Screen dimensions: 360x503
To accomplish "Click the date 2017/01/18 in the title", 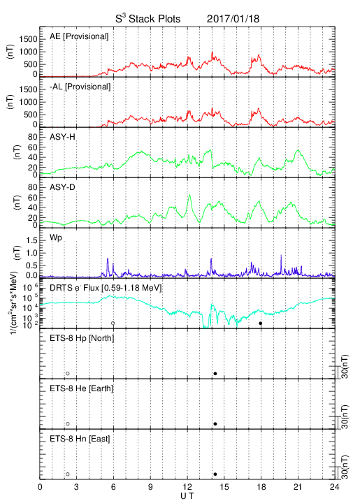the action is (x=233, y=19).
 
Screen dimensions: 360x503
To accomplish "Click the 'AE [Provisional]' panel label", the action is (x=79, y=36).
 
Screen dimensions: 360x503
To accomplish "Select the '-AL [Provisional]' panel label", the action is (x=80, y=87).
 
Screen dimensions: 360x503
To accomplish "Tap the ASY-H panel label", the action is (x=62, y=137).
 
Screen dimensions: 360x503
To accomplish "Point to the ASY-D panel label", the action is (x=62, y=187).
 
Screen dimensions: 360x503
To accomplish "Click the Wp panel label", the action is (x=55, y=238).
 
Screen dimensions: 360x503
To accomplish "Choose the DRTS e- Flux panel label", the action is (x=106, y=288).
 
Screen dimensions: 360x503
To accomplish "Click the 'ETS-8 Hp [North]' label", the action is (x=82, y=338).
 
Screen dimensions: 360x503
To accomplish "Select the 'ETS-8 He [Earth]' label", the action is (x=82, y=388).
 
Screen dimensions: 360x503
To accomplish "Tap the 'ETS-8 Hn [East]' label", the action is (x=80, y=439).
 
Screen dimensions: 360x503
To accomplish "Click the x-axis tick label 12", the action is (x=187, y=487).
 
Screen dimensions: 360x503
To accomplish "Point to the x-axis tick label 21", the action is (x=298, y=487).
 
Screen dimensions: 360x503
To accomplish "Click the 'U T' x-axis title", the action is (x=187, y=496).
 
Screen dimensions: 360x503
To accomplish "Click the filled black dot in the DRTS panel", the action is (x=261, y=323).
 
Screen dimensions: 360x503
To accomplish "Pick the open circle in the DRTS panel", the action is (x=113, y=323).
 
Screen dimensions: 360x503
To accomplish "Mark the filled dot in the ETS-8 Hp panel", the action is (x=215, y=373).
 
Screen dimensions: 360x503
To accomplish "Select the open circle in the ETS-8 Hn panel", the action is (x=68, y=474).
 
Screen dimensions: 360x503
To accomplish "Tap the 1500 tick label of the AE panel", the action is (x=28, y=39).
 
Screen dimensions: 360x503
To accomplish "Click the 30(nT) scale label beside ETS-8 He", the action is (x=345, y=416).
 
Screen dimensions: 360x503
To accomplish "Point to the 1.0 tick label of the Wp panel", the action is (x=31, y=253).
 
